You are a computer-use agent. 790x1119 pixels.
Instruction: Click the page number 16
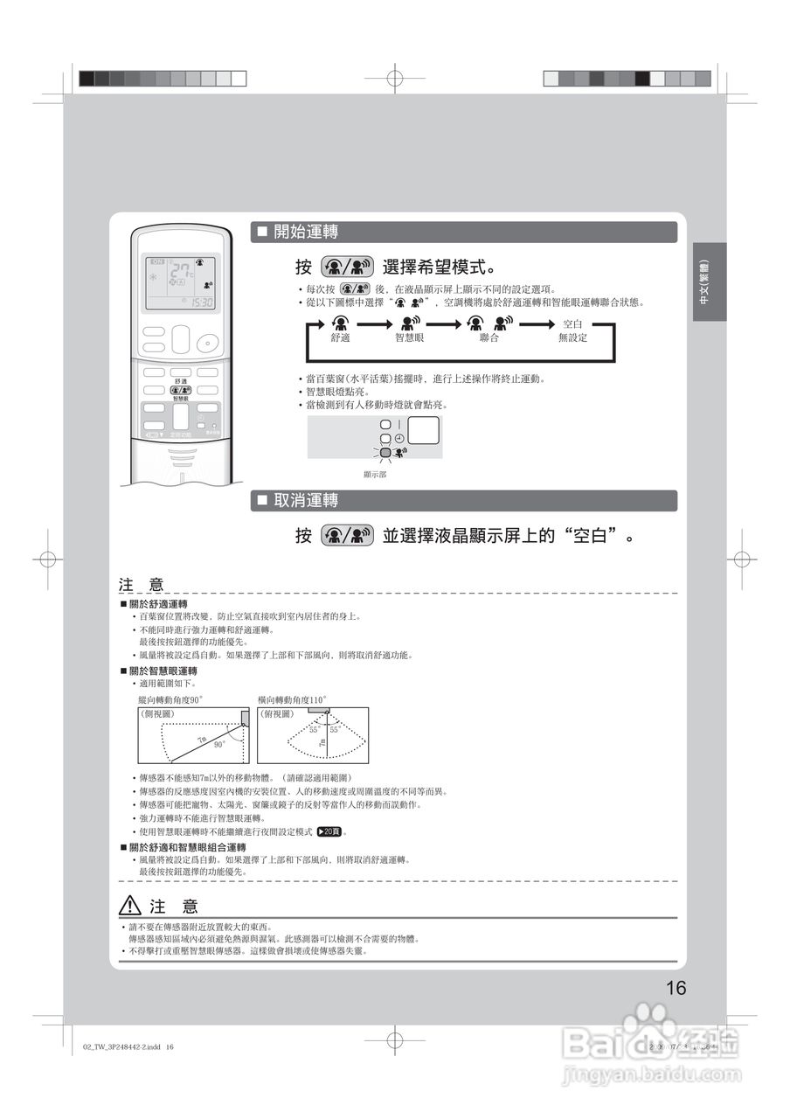click(676, 989)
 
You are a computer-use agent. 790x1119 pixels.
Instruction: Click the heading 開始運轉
click(306, 232)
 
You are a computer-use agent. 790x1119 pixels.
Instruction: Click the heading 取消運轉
click(306, 501)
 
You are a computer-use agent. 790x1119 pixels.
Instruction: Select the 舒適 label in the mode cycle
click(341, 337)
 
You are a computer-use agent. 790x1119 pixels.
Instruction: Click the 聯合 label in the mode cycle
click(489, 337)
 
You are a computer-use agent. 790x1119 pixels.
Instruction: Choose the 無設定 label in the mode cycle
click(572, 337)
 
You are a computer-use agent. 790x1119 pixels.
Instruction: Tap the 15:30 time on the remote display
click(202, 302)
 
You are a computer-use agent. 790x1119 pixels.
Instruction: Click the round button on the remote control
click(207, 342)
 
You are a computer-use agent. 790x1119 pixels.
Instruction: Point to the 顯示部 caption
click(375, 474)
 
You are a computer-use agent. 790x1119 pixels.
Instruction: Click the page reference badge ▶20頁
click(329, 831)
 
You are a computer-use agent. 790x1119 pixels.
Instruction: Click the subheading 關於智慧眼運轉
click(163, 671)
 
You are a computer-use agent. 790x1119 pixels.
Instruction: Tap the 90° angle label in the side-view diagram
click(219, 744)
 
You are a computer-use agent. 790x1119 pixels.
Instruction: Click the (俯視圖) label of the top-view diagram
click(277, 714)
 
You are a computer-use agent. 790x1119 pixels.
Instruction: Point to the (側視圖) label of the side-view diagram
click(158, 714)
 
